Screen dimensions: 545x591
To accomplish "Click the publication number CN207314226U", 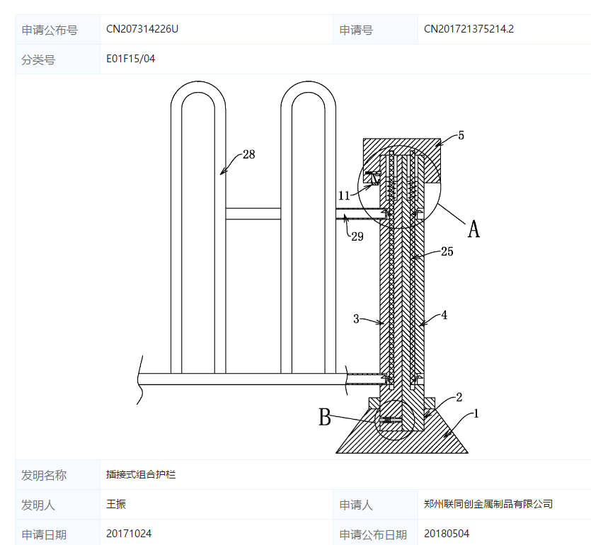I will tap(142, 29).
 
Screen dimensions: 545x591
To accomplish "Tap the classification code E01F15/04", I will tap(131, 59).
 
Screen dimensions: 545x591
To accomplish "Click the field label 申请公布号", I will tap(50, 30).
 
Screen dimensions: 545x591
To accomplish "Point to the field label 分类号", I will tap(38, 59).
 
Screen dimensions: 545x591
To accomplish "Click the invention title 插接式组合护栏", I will tap(141, 474).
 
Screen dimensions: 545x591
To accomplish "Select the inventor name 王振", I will tap(116, 504).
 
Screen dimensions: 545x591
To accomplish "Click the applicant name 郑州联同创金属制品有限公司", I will tap(488, 504).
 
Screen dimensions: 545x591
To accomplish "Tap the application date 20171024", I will tap(129, 534).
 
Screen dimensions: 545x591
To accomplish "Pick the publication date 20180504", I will tap(447, 534).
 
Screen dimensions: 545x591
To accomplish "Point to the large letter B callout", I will tap(325, 418).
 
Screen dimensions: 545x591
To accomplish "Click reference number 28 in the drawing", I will tap(248, 154).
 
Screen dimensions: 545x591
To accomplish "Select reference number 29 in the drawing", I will tap(357, 236).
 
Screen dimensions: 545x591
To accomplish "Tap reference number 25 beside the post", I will tap(447, 251).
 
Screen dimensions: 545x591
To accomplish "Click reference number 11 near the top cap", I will tap(344, 195).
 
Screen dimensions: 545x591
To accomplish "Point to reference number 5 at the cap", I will tap(461, 135).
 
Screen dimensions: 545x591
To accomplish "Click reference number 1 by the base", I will tap(476, 413).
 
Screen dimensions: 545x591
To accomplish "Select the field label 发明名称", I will tap(44, 475).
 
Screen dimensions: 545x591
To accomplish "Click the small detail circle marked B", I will tap(395, 423).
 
